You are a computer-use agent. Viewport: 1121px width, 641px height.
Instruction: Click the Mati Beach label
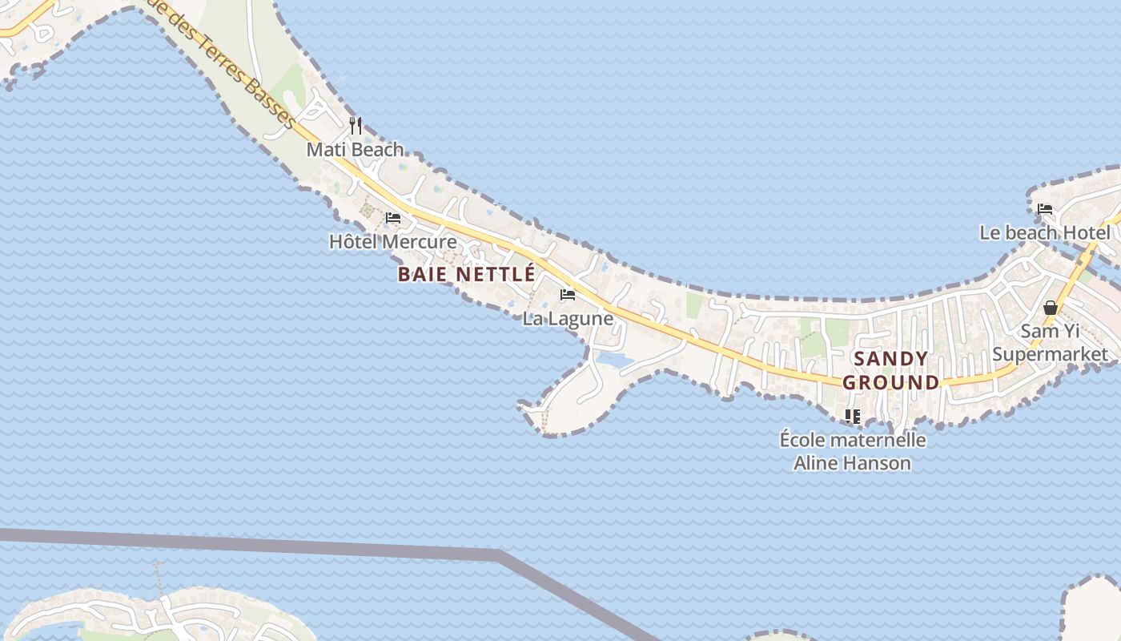point(356,150)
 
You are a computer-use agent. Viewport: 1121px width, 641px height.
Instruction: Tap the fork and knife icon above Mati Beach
point(356,126)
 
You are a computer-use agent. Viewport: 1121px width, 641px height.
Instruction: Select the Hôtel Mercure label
point(393,242)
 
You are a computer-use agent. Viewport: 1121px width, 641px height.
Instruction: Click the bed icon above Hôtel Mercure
point(393,218)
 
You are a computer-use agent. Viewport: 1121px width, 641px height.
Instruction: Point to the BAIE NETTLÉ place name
point(466,274)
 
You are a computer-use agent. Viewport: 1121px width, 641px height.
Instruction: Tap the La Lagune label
point(568,319)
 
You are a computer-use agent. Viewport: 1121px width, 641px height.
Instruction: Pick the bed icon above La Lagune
point(568,295)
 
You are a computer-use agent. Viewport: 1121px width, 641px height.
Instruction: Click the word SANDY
point(890,359)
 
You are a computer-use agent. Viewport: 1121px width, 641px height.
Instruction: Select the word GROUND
point(890,382)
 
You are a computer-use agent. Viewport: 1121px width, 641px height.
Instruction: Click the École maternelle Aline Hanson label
point(853,451)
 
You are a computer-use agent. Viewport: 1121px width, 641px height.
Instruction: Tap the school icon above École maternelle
point(853,416)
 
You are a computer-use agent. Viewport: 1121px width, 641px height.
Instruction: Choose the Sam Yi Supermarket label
point(1051,343)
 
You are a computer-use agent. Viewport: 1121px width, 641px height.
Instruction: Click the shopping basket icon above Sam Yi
point(1051,308)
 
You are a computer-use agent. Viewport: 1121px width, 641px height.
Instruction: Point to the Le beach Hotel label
point(1045,233)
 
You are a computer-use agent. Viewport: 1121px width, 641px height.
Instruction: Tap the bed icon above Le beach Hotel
point(1045,209)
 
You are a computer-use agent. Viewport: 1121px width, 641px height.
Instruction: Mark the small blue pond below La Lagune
point(615,361)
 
